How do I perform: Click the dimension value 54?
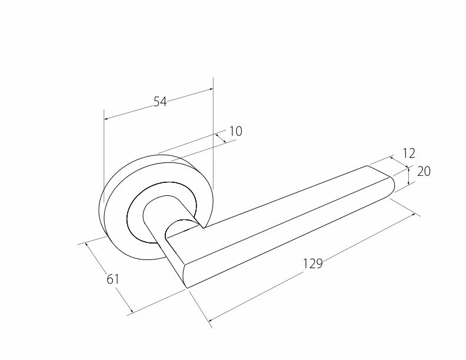[x=160, y=102]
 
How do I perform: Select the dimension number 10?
[x=236, y=131]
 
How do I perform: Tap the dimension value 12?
[x=409, y=154]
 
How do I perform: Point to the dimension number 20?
[x=424, y=171]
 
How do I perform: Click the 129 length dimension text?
[x=312, y=264]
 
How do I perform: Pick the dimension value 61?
[x=112, y=279]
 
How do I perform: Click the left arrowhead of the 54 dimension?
[x=106, y=119]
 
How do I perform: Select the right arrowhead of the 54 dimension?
[x=211, y=88]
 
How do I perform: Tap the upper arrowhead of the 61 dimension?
[x=87, y=245]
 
